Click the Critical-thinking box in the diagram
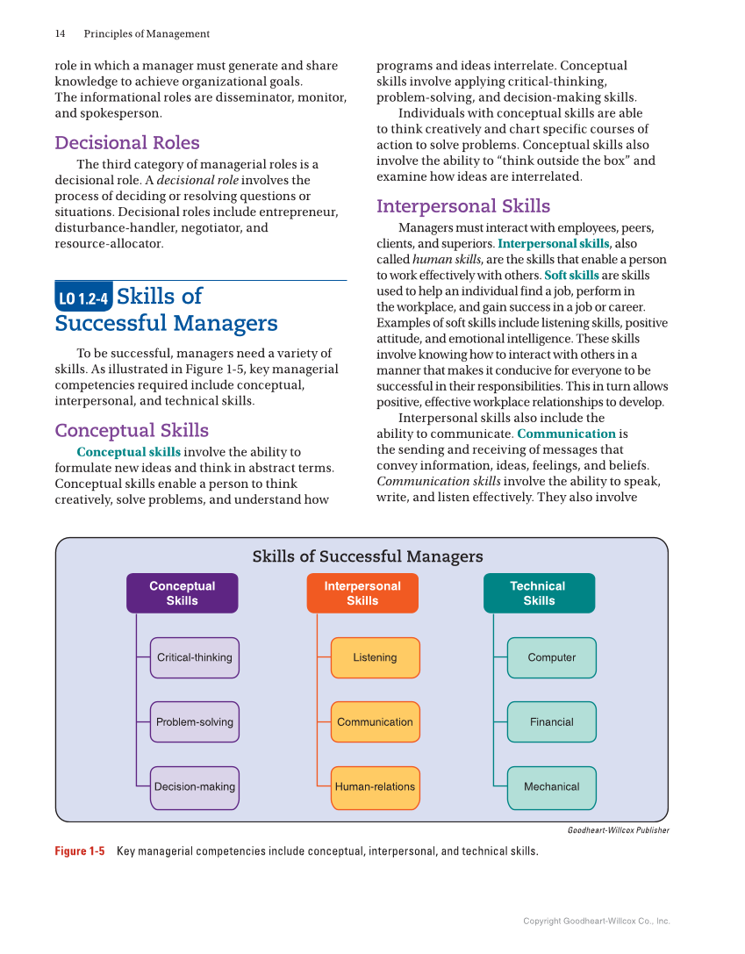(x=194, y=657)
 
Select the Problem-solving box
(x=194, y=722)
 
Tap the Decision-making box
(x=194, y=787)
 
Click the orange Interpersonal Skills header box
(x=362, y=593)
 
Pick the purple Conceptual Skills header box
(x=182, y=593)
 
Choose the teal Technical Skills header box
(x=539, y=593)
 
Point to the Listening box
(x=375, y=657)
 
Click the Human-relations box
(x=375, y=787)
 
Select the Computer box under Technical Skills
(x=551, y=657)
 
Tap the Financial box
(x=551, y=722)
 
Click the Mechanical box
(x=551, y=787)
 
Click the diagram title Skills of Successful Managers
(x=368, y=556)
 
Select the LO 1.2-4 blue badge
(x=82, y=299)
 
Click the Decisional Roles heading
(x=127, y=142)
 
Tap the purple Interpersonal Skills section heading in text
(x=463, y=206)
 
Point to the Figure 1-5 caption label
(x=80, y=851)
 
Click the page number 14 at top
(x=60, y=34)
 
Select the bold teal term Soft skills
(x=571, y=276)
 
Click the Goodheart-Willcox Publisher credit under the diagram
(x=618, y=830)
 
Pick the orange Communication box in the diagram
(x=375, y=722)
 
